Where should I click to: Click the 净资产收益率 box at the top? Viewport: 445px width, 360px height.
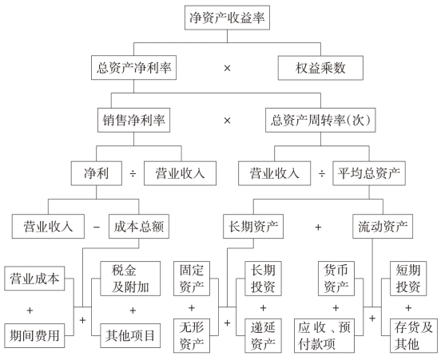(227, 18)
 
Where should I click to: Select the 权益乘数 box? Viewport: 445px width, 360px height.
(320, 68)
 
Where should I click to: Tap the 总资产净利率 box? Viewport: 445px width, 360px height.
(133, 68)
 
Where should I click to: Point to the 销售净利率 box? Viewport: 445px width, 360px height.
(133, 120)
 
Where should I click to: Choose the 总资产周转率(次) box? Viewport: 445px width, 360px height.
(320, 120)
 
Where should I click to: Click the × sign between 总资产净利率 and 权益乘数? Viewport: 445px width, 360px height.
(227, 68)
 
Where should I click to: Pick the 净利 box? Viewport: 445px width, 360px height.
(97, 173)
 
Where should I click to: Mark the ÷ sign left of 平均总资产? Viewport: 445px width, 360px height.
(321, 173)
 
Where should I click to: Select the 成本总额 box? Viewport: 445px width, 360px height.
(139, 226)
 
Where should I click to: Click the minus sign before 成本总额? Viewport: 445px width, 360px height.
(97, 227)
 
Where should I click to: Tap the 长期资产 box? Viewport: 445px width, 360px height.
(253, 226)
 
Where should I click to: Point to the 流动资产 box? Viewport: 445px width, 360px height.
(383, 226)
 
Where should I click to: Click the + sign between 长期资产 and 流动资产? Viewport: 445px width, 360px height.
(318, 227)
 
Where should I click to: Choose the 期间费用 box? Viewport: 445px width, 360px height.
(34, 335)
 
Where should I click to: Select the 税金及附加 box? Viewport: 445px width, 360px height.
(130, 279)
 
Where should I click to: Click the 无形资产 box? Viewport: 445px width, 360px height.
(192, 335)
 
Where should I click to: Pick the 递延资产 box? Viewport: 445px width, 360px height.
(263, 335)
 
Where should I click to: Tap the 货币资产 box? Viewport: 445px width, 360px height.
(336, 279)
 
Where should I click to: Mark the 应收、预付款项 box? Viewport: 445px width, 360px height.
(324, 335)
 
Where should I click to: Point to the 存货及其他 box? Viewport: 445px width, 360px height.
(414, 335)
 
